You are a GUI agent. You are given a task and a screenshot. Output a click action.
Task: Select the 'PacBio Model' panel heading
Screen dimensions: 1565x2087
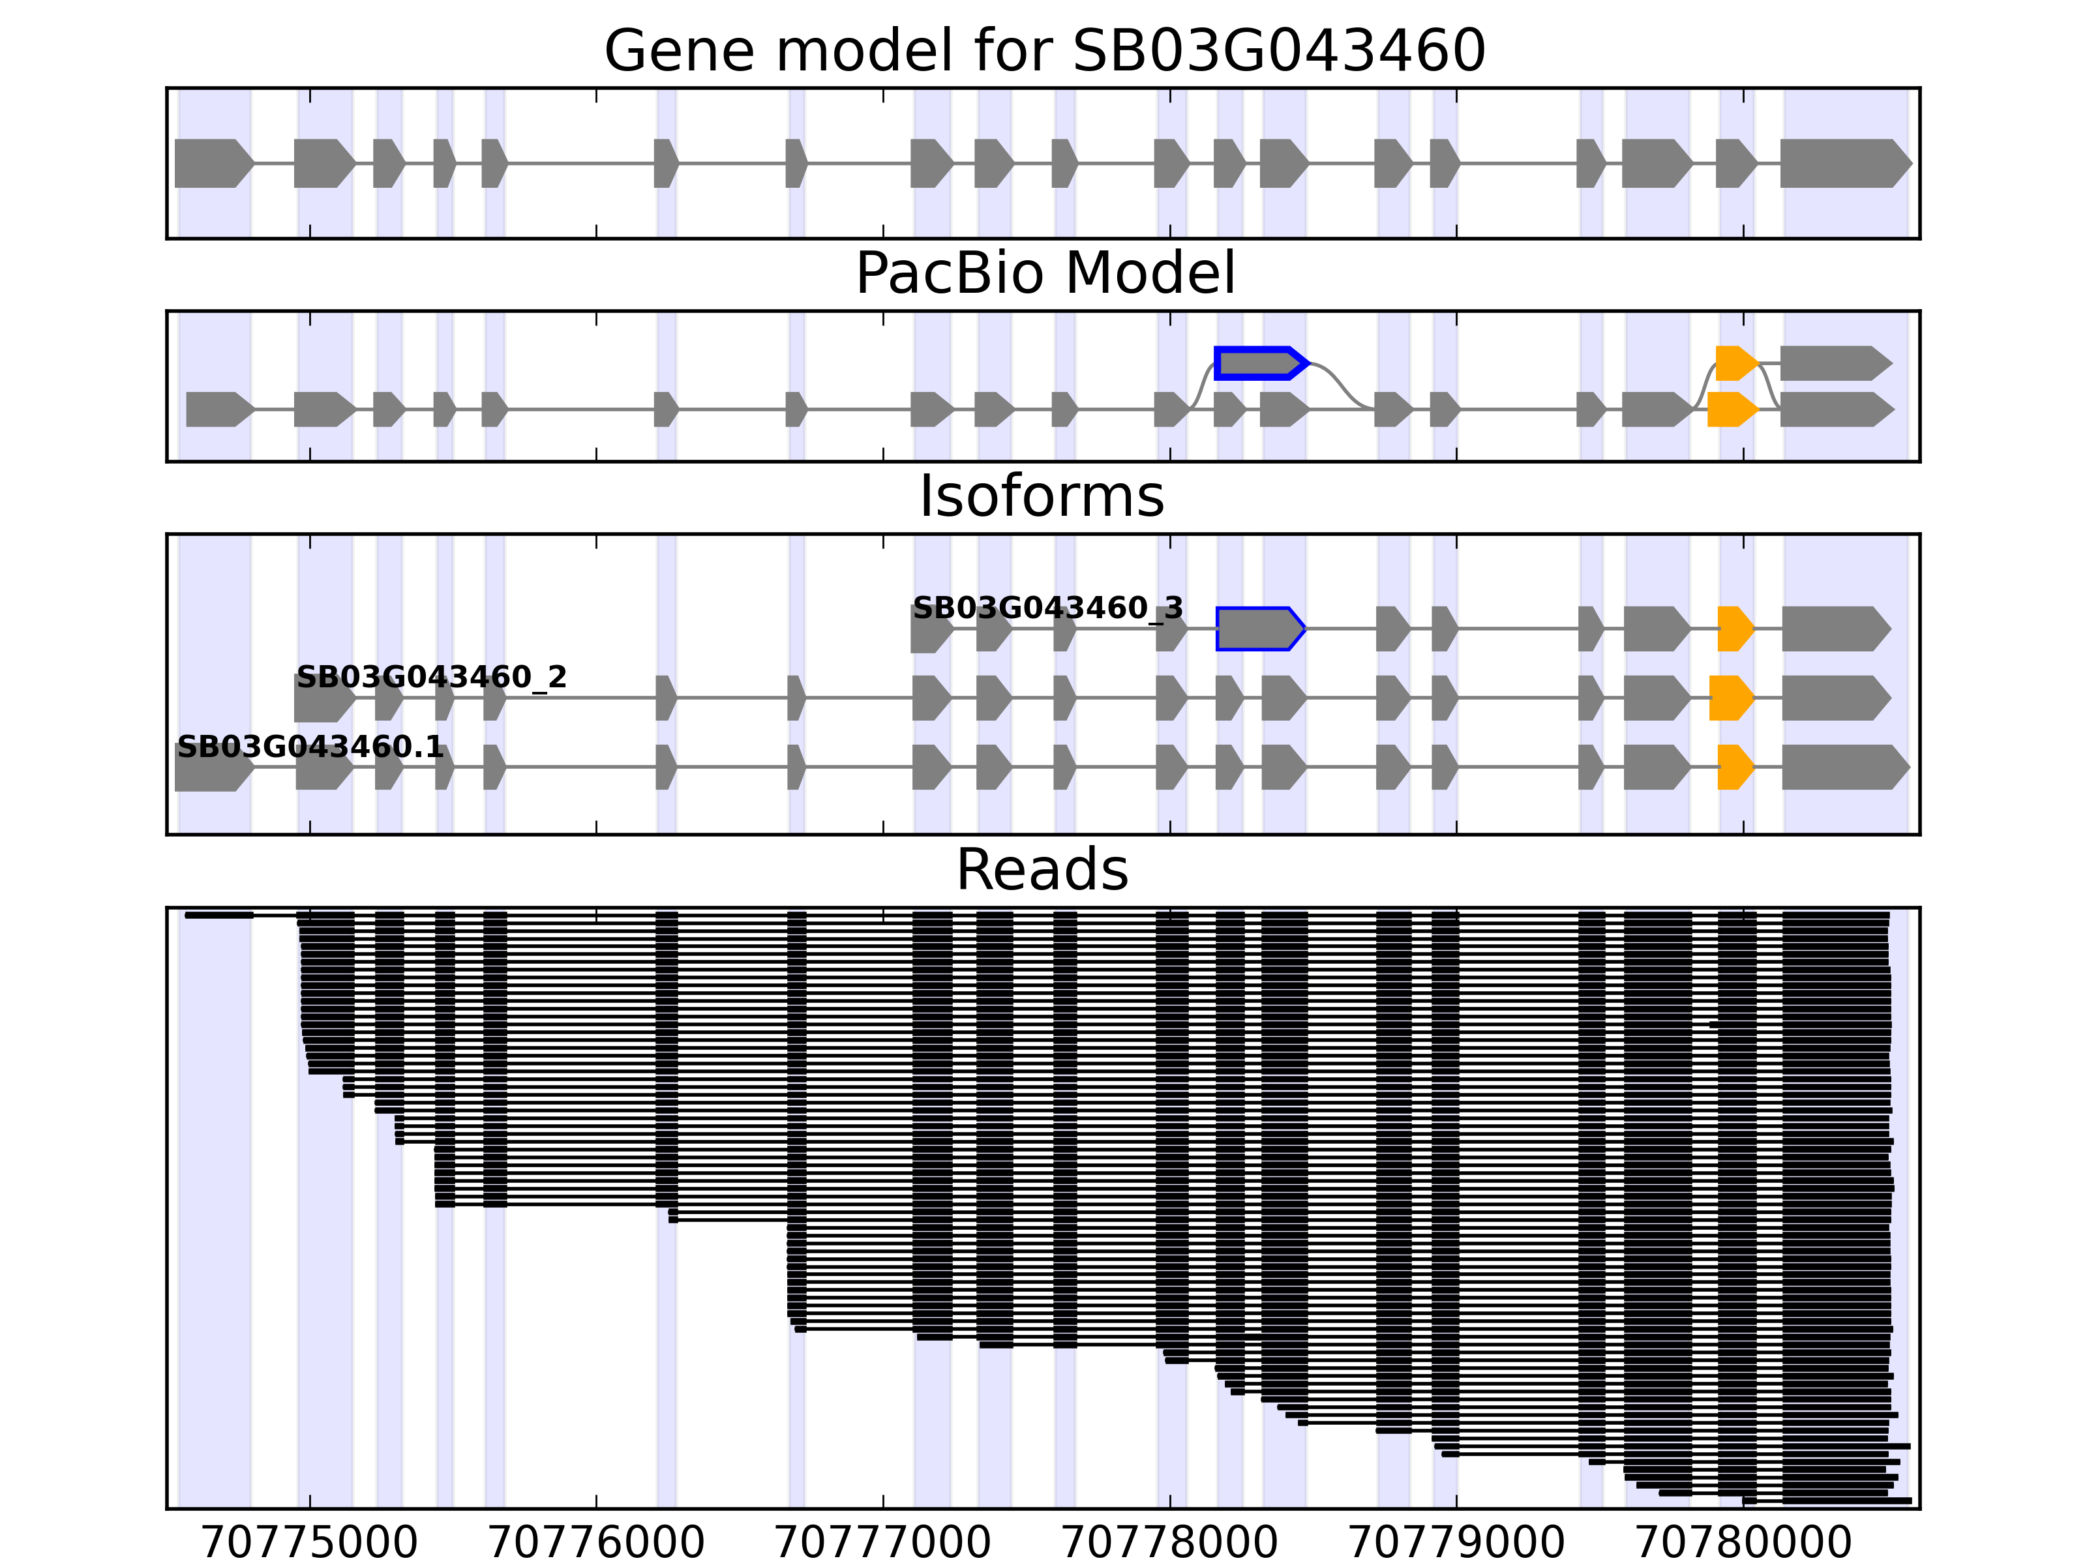tap(1043, 274)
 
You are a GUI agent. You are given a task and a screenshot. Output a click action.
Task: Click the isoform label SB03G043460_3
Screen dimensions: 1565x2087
tap(1047, 608)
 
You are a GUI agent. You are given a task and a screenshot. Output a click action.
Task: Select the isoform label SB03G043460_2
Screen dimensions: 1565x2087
tap(431, 678)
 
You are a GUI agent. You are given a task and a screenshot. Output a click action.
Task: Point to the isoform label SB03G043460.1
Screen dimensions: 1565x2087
tap(310, 747)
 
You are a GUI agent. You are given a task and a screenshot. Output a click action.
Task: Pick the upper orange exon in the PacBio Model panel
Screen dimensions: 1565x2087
tap(1735, 363)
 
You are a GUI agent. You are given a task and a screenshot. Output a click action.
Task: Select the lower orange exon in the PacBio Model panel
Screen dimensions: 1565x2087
tap(1732, 410)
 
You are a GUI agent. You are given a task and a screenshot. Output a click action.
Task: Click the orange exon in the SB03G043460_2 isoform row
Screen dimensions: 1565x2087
tap(1730, 698)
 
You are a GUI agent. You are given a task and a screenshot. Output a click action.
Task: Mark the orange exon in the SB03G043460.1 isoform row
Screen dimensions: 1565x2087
tap(1734, 767)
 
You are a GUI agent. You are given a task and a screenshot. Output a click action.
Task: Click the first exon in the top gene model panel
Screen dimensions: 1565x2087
tap(212, 163)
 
